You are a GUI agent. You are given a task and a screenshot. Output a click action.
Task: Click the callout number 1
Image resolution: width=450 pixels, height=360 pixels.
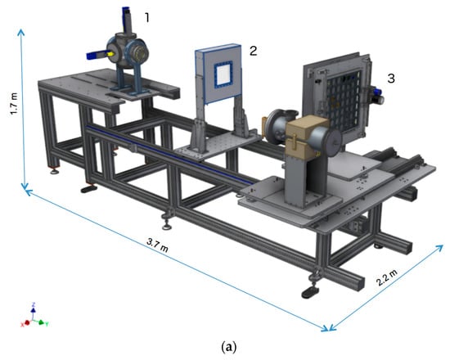point(147,18)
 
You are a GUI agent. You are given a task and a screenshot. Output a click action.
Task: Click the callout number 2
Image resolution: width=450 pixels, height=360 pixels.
point(253,51)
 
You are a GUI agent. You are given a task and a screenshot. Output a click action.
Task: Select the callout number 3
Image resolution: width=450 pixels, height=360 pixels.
point(391,79)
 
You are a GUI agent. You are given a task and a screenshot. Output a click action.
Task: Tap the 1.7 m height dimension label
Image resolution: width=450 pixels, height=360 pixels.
point(15,103)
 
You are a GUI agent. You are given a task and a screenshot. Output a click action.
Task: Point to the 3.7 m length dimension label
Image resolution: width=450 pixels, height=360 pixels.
point(157,245)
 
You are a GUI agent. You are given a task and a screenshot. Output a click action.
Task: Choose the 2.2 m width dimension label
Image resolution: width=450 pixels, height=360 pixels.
point(387,277)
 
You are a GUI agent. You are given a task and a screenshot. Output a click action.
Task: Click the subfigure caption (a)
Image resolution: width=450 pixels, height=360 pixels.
point(229,347)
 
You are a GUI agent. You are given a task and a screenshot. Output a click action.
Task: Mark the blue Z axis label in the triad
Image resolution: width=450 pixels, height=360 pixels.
point(34,304)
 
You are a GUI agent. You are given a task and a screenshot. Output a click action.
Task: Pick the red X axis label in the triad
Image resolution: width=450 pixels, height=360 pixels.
point(22,324)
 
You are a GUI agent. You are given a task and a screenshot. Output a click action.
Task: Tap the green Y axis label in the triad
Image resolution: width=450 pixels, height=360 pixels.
point(47,324)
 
